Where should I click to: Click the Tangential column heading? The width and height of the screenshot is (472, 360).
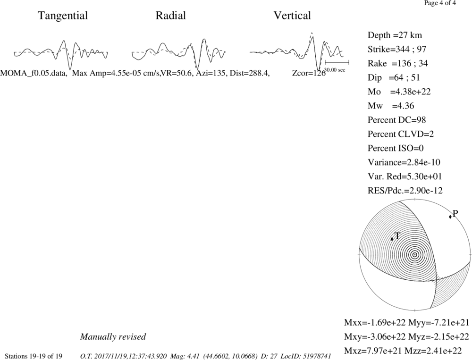point(63,16)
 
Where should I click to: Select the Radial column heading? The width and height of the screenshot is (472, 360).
point(171,16)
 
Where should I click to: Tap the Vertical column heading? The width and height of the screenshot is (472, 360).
point(292,16)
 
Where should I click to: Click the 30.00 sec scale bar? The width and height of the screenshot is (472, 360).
point(337,62)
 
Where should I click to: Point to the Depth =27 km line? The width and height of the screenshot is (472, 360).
point(395,35)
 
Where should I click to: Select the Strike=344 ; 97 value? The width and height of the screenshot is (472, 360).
point(397,50)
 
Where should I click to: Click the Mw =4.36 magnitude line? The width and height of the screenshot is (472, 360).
point(391,106)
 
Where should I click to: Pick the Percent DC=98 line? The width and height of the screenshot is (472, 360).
point(397,120)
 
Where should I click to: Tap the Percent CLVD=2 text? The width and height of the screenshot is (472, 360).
point(401,134)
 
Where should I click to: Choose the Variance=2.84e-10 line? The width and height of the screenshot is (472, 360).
point(404,162)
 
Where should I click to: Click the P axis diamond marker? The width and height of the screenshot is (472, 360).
point(450,217)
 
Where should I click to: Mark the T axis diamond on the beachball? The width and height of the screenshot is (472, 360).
point(392,239)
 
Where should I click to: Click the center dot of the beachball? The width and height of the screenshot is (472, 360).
point(415,255)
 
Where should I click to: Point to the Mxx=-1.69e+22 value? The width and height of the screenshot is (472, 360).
point(375,323)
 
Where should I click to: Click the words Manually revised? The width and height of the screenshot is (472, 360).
point(113,336)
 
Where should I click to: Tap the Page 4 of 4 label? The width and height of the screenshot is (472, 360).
point(440,3)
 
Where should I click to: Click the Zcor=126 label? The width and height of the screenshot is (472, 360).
point(309,73)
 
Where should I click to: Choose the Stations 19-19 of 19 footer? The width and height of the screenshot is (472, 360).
point(34,356)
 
